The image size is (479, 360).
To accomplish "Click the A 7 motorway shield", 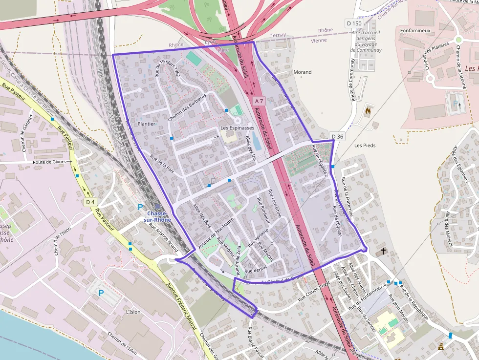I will (x=259, y=101).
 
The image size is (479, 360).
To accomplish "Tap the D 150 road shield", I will (x=354, y=23).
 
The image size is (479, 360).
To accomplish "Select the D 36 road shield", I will (x=337, y=136).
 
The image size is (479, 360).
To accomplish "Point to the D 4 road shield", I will (x=90, y=202).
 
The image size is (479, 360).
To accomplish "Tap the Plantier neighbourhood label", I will (x=147, y=124).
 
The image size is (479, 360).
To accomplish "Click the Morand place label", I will (x=303, y=72).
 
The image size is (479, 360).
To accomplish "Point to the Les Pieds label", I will (x=365, y=146).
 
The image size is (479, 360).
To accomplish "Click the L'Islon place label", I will (x=133, y=312).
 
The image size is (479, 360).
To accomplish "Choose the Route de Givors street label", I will (x=49, y=162).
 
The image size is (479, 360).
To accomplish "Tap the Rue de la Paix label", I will (x=162, y=164).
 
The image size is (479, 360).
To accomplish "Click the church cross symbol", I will (x=383, y=251).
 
